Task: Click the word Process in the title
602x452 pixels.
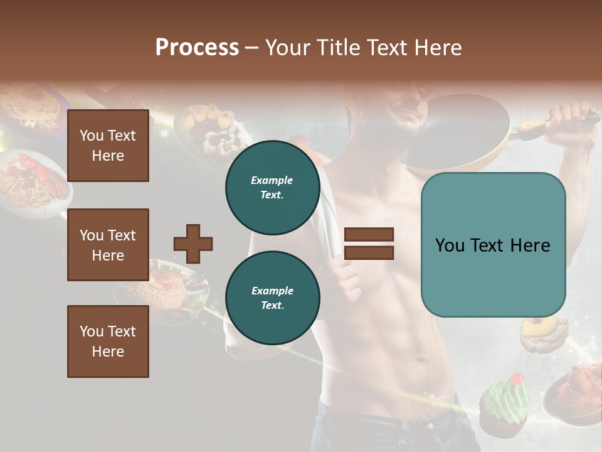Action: [x=197, y=48]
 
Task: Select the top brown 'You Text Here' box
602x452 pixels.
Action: [x=108, y=146]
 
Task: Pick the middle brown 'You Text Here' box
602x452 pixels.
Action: [x=108, y=245]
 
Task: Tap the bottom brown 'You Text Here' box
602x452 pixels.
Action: [x=108, y=342]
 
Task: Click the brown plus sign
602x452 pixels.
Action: [x=193, y=244]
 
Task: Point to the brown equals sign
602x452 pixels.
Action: [x=369, y=244]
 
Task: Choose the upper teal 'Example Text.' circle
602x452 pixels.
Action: [x=272, y=188]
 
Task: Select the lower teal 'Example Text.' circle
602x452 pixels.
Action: [x=272, y=298]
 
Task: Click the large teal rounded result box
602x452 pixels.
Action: [x=493, y=245]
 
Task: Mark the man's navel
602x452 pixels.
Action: [x=416, y=345]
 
